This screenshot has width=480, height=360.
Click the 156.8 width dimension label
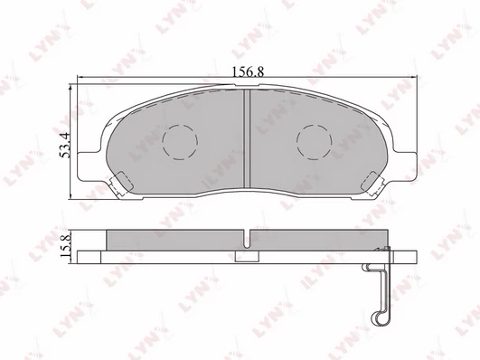coord(248,72)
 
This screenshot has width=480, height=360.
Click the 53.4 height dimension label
coord(65,146)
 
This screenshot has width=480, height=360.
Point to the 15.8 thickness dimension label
coord(66,245)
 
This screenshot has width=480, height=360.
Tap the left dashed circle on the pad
coord(180,142)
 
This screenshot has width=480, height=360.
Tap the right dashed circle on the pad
coord(314,142)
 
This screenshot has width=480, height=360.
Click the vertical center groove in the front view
coord(247,138)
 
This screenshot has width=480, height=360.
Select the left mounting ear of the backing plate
coord(89,166)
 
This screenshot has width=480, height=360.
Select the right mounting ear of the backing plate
coord(405,166)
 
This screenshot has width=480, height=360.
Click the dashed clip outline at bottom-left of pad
coord(121,184)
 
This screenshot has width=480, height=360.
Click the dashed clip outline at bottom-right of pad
coord(372,184)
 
